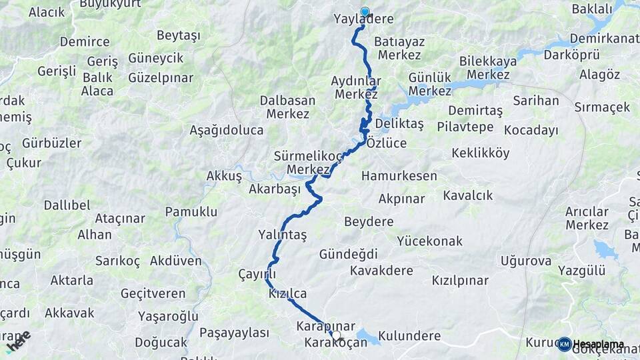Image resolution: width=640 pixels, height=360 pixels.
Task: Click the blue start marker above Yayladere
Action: point(365,11)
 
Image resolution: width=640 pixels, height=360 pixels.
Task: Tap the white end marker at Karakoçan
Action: point(337,335)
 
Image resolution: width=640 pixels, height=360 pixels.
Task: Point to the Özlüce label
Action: point(386,143)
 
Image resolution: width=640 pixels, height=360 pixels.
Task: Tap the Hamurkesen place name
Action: point(399,177)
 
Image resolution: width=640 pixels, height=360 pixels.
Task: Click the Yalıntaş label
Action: point(282,235)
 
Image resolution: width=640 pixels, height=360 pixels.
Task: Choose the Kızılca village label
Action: point(287,293)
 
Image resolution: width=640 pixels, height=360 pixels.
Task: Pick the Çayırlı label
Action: point(257,275)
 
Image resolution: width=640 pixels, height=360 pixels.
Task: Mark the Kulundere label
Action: point(409,336)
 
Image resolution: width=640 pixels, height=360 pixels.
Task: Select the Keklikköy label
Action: point(480,153)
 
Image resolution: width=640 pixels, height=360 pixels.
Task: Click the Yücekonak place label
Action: point(429,241)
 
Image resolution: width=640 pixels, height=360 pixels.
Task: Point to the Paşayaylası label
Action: point(234,333)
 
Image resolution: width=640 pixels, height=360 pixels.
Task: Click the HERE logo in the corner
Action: point(18,341)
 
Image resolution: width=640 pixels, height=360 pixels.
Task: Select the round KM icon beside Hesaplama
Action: point(564,344)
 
